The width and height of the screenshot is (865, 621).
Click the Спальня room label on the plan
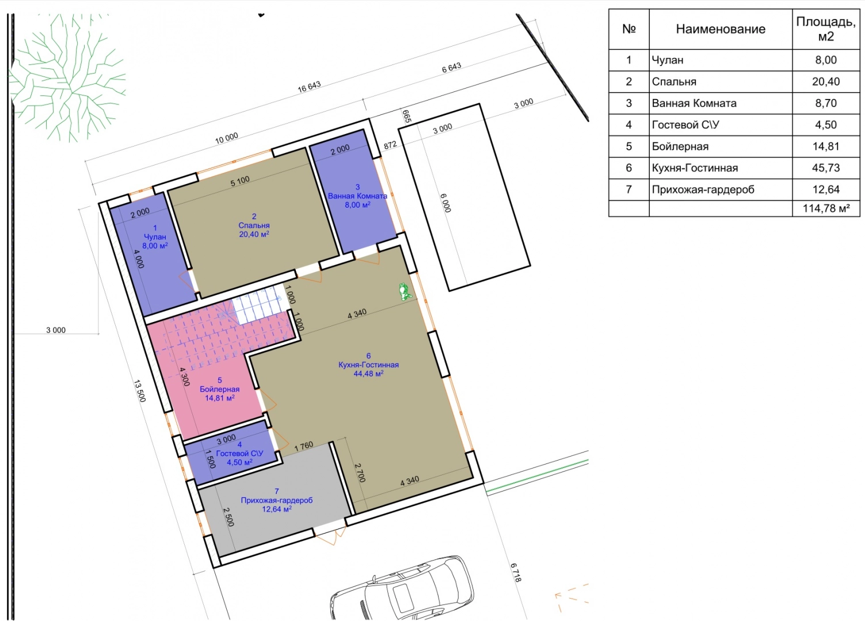coord(254,225)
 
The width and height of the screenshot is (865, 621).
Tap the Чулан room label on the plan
coord(155,237)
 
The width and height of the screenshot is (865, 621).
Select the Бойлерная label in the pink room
coord(219,389)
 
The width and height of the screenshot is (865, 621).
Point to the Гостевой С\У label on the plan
coord(239,453)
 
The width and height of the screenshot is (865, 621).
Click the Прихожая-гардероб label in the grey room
coord(276,500)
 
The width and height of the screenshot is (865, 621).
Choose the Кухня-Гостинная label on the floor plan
coord(368,365)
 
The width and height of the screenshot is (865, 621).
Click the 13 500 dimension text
coord(140,391)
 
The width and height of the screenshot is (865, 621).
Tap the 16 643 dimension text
coord(309,87)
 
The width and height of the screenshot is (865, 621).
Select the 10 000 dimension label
coord(226,139)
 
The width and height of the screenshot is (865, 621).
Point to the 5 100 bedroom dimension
coord(240,181)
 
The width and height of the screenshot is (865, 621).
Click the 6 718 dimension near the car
coord(516,573)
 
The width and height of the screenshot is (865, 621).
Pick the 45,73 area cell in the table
coord(826,168)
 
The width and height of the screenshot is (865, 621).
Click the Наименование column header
coord(721,29)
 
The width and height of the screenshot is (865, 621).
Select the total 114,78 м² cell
coord(826,208)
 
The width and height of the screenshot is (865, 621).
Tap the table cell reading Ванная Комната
coord(694,103)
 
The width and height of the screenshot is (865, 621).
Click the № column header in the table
coord(629,29)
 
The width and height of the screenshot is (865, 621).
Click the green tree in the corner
coord(66,77)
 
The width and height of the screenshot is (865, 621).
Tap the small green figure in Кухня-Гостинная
coord(405,292)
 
